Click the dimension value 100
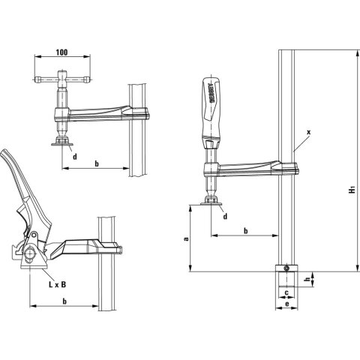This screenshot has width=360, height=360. (61, 55)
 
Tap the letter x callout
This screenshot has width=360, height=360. (308, 131)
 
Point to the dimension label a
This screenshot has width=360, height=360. (187, 238)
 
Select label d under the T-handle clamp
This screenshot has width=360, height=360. (75, 155)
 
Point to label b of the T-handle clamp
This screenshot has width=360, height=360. (96, 162)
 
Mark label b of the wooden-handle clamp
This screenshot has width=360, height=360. (246, 229)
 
